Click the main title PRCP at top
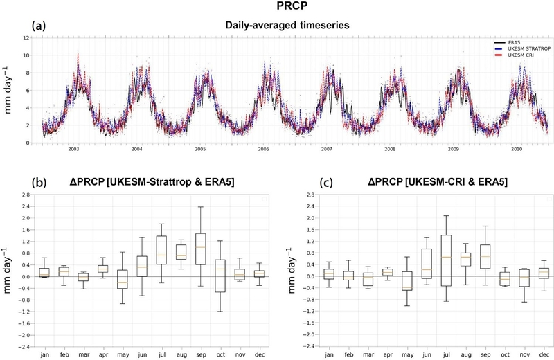[276, 8]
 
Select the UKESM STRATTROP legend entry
[521, 48]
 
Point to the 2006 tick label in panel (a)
[263, 149]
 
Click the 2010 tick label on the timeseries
[517, 149]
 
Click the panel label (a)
[39, 26]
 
